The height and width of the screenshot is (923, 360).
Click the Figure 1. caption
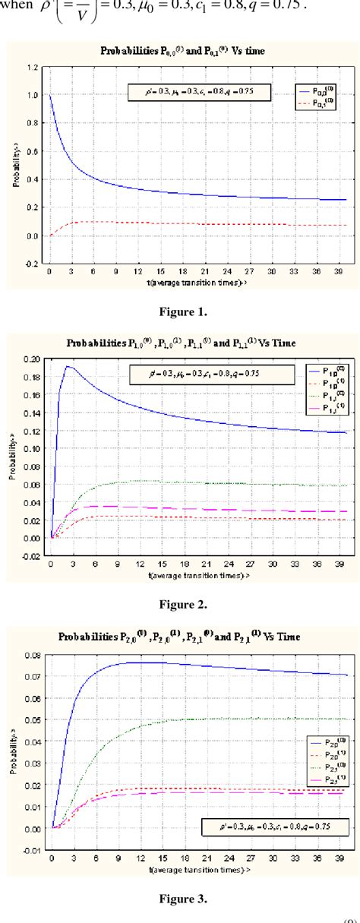(x=180, y=310)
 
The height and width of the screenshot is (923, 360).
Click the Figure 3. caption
(x=180, y=898)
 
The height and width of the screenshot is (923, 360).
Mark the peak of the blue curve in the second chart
(x=67, y=367)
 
